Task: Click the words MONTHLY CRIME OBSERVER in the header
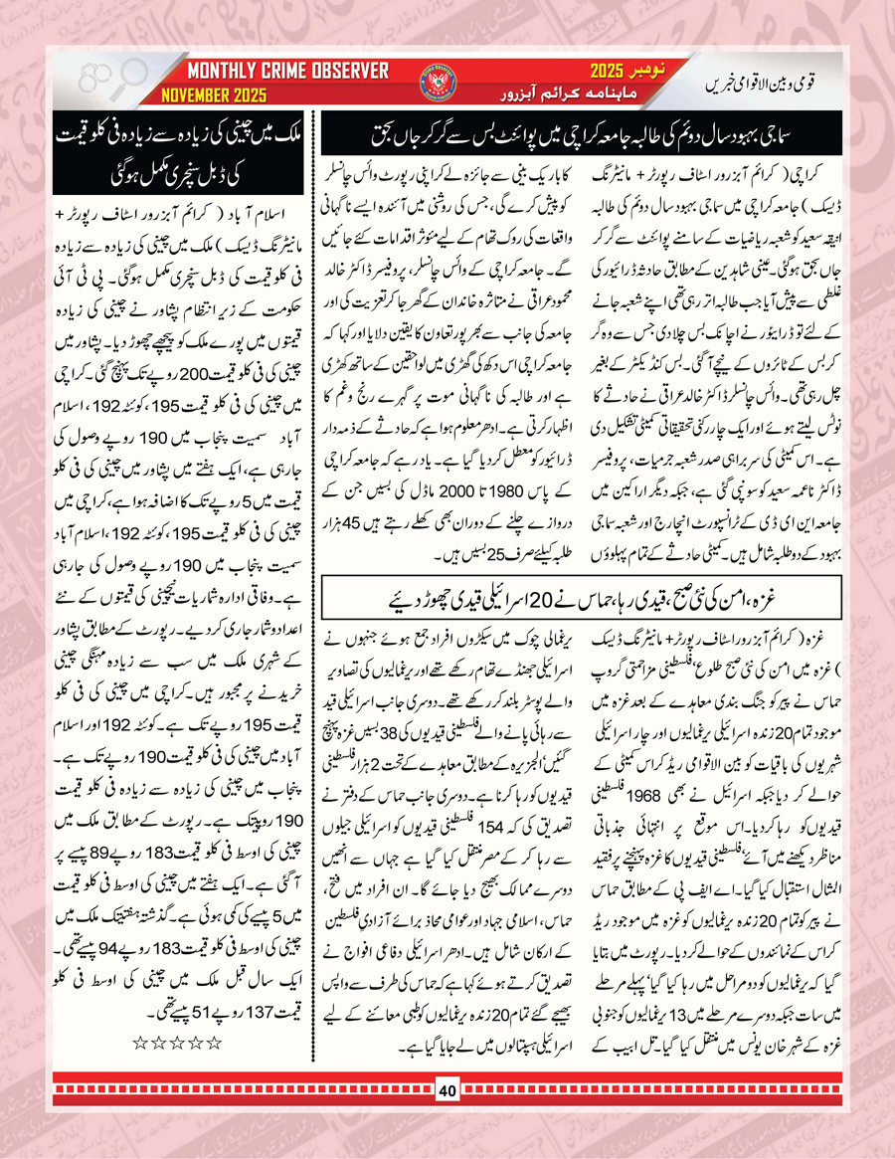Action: point(288,72)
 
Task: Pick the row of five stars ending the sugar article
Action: point(177,1042)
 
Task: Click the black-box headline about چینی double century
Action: point(175,146)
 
